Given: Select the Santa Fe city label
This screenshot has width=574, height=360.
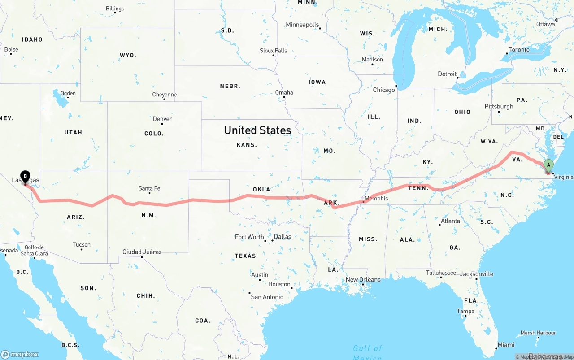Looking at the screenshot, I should pos(149,188).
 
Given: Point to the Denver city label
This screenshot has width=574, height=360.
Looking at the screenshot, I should pos(162,119).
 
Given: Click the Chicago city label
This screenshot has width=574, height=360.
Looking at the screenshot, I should pos(384,90).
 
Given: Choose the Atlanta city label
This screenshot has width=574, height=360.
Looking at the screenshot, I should pos(450,221).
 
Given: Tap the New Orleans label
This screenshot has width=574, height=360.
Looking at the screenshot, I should pos(363,279).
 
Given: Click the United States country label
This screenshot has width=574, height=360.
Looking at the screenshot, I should pos(257,130).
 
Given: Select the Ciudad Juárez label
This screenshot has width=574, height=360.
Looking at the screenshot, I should pos(142,252).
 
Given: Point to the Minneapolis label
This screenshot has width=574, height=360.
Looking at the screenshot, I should pos(302,25).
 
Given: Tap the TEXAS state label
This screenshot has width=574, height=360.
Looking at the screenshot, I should pos(245,256).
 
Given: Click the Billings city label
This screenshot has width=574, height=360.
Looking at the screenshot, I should pos(115,9).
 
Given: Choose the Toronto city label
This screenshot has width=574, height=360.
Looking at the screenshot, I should pos(519,50).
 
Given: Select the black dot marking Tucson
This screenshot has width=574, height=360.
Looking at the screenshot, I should pos(81,249).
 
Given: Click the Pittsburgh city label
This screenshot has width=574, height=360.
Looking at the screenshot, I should pos(499,107).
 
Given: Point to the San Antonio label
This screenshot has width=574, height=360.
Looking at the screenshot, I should pos(267,297).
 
